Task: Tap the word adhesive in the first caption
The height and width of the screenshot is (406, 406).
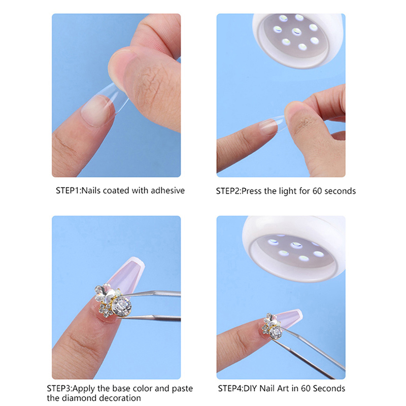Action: [x=167, y=191]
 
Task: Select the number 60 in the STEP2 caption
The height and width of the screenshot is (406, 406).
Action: [x=317, y=191]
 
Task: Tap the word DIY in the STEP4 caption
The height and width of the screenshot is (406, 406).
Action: [x=251, y=388]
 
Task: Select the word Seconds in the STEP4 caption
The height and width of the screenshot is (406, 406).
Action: [x=329, y=388]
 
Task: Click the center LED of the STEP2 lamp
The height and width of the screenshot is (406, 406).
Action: [x=297, y=31]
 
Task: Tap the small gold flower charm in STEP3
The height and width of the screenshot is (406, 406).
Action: [x=106, y=311]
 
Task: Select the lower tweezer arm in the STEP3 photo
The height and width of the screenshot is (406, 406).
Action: [x=151, y=318]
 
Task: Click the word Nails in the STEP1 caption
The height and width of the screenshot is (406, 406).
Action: [x=91, y=191]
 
